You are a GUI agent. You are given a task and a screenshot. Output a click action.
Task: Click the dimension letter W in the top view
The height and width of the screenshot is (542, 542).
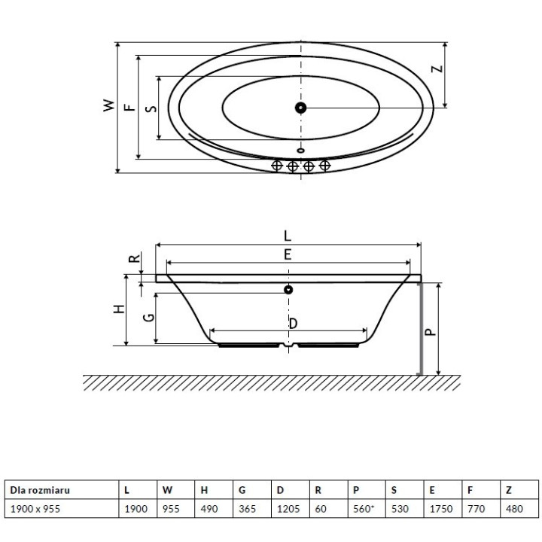coord(109,106)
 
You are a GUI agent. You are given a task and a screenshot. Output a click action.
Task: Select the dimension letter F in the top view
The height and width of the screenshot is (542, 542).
coord(129,107)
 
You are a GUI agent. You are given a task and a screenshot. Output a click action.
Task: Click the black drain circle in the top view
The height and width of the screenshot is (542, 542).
coord(301,108)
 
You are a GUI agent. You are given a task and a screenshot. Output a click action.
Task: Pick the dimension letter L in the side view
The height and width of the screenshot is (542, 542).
coord(288,235)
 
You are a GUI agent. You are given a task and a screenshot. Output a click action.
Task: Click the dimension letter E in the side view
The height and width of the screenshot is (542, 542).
coord(288,254)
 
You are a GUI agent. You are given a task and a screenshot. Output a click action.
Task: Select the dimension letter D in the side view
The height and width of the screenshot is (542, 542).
coord(293,322)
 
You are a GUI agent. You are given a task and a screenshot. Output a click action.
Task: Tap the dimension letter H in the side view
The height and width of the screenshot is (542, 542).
coord(117,310)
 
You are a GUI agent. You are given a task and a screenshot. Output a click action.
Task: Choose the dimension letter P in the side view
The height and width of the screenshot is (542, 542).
coord(431,330)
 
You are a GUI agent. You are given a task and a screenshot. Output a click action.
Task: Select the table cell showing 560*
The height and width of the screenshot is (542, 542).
coord(364,510)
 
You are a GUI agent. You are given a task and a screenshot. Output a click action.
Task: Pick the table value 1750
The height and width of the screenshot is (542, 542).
coord(440,510)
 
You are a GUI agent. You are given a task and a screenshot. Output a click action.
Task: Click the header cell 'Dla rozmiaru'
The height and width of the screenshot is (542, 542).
coord(39,490)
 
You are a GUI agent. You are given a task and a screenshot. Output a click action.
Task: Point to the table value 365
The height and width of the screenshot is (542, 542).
coord(247,510)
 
